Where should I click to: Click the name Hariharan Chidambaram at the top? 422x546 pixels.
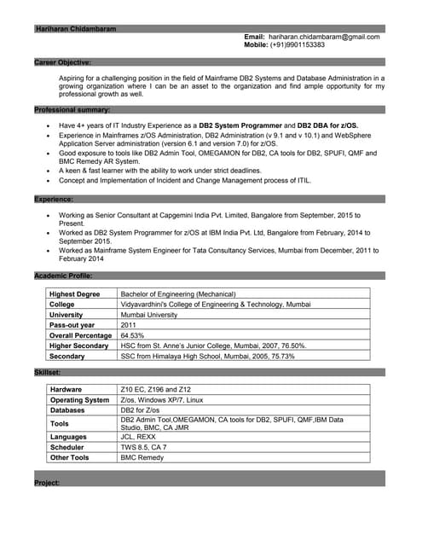click(75, 28)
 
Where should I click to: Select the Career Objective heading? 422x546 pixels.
click(62, 62)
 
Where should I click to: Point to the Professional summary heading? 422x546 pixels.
click(72, 110)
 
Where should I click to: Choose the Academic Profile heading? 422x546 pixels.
click(63, 276)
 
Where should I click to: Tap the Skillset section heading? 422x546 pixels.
click(47, 372)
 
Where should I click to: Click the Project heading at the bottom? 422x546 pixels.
click(46, 483)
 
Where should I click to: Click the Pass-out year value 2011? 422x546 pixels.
click(129, 325)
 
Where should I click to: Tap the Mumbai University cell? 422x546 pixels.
click(149, 314)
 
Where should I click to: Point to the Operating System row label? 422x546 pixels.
click(79, 400)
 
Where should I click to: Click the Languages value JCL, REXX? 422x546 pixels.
click(138, 436)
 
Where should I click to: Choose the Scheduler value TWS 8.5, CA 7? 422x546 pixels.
click(143, 447)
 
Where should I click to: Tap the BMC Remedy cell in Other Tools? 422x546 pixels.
click(141, 457)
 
